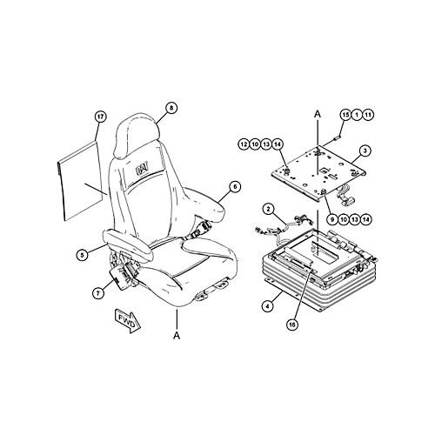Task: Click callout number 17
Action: click(x=100, y=117)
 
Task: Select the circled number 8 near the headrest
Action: click(x=171, y=108)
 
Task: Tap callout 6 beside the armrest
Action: click(x=235, y=187)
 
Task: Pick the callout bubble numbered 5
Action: click(x=83, y=255)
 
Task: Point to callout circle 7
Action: click(x=98, y=293)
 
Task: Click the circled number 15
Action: click(x=345, y=115)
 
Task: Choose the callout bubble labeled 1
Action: click(x=357, y=115)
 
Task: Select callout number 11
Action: click(x=368, y=115)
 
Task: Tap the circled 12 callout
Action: click(x=244, y=144)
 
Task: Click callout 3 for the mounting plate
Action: click(x=365, y=151)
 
